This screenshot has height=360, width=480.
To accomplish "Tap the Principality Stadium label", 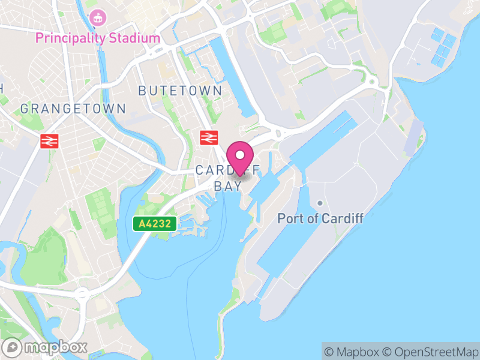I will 98,38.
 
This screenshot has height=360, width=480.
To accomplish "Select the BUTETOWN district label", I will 180,91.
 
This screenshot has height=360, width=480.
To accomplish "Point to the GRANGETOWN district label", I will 73,109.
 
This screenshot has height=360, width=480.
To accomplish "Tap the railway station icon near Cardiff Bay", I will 208,137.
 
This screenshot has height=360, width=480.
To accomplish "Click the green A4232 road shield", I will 155,224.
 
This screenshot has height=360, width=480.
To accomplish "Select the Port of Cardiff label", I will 320,218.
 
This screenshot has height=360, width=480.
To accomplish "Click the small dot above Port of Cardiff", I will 320,204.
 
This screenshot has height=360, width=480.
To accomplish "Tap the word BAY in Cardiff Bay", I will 228,186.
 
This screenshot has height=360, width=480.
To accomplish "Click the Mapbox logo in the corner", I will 46,347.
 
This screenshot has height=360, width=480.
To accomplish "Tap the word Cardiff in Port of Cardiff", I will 342,218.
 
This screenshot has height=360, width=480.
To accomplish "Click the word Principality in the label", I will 71,38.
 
